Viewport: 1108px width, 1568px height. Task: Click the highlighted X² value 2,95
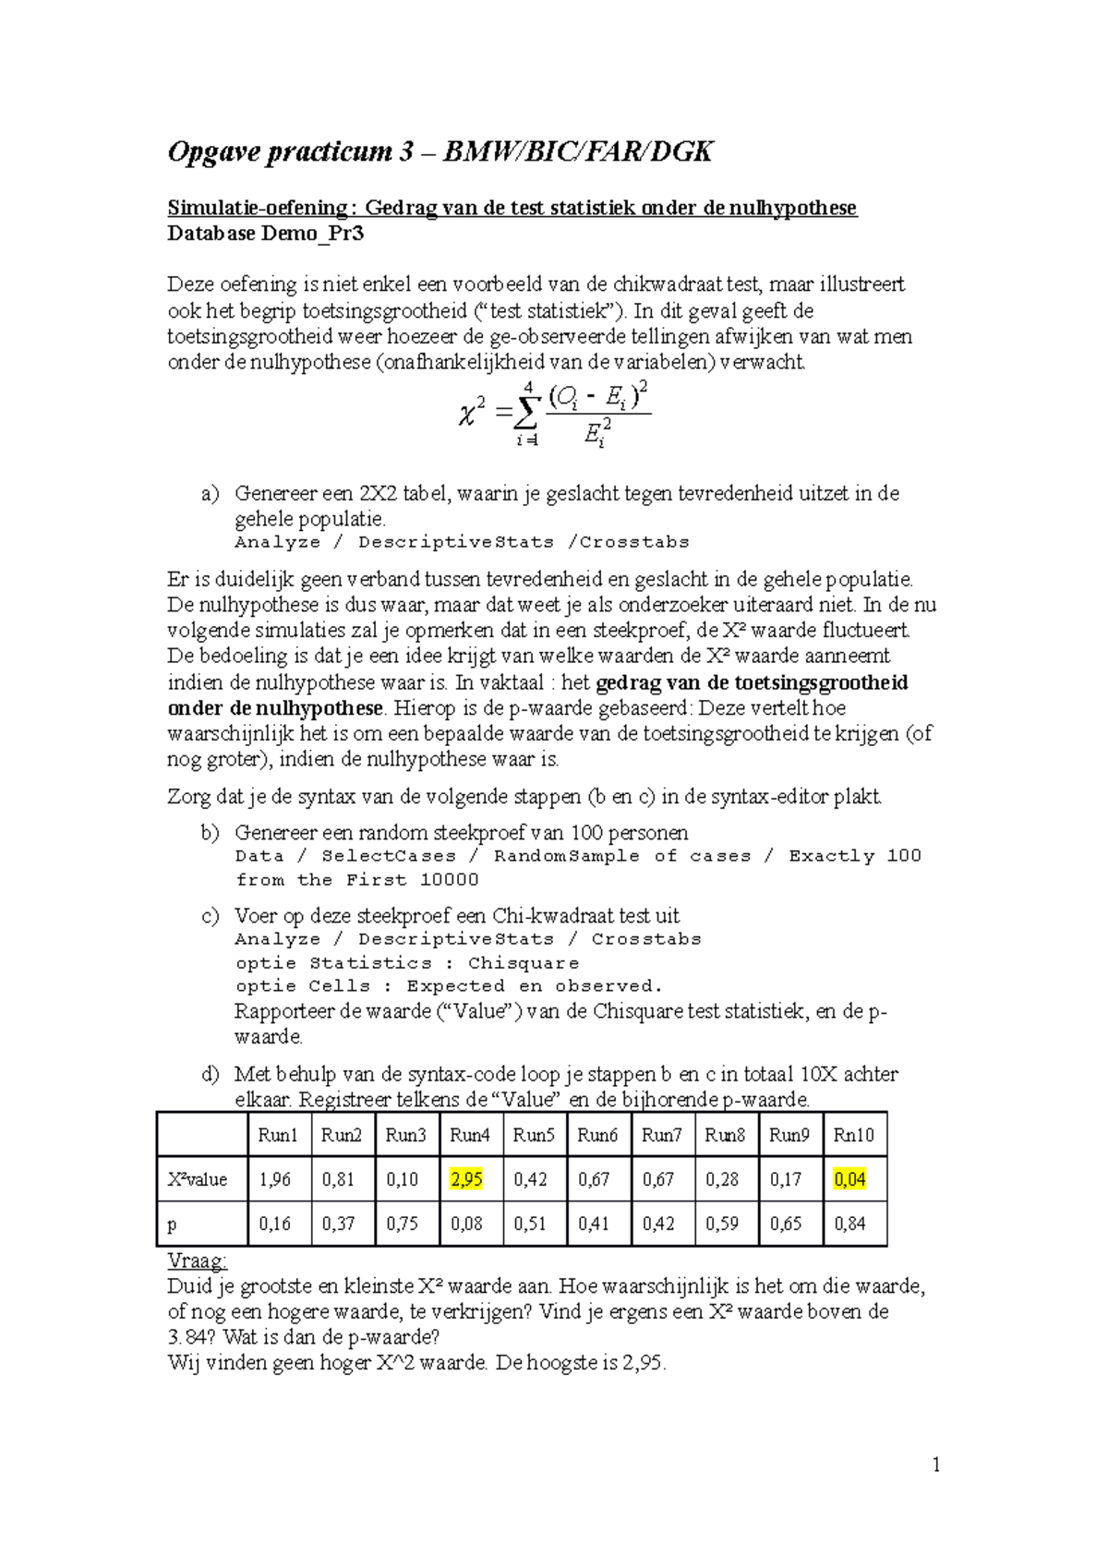point(466,1179)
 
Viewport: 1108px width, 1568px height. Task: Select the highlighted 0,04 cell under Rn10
point(849,1179)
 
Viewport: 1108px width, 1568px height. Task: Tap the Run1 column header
point(277,1135)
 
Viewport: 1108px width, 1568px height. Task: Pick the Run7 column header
point(661,1135)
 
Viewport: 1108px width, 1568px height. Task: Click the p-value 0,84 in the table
point(849,1224)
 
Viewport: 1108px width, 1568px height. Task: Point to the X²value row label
point(197,1179)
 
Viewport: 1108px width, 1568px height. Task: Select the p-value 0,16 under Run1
point(274,1224)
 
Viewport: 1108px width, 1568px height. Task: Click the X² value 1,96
point(274,1179)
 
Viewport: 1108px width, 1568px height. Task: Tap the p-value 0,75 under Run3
point(402,1224)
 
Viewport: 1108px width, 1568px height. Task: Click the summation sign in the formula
point(527,412)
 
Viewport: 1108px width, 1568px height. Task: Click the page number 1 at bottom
point(936,1465)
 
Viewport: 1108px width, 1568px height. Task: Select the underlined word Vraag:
point(197,1260)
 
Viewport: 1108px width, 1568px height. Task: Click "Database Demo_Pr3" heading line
point(265,234)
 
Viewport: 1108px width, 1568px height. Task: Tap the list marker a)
point(210,493)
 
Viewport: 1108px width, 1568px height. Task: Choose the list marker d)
point(210,1074)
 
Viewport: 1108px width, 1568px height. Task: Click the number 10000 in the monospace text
point(449,880)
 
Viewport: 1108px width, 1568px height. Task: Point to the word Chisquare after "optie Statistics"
point(524,963)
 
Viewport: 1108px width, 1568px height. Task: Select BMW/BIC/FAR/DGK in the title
point(578,151)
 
